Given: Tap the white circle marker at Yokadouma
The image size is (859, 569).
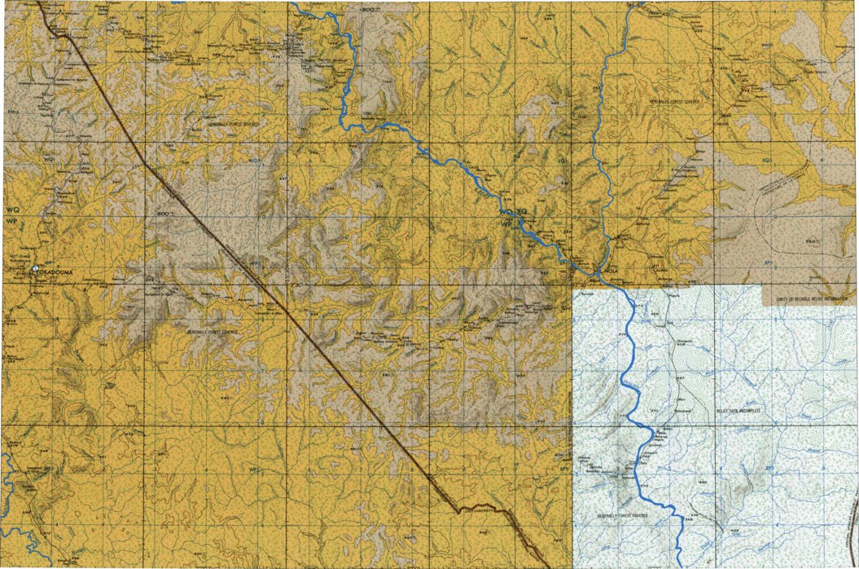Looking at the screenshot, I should [35, 268].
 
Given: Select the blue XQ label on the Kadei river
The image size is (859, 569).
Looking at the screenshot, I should [523, 211].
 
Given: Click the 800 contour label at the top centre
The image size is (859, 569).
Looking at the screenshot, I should [368, 8].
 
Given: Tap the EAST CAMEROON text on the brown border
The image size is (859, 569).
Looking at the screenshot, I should [478, 509].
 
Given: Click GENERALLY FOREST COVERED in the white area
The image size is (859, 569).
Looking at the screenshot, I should [622, 516].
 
